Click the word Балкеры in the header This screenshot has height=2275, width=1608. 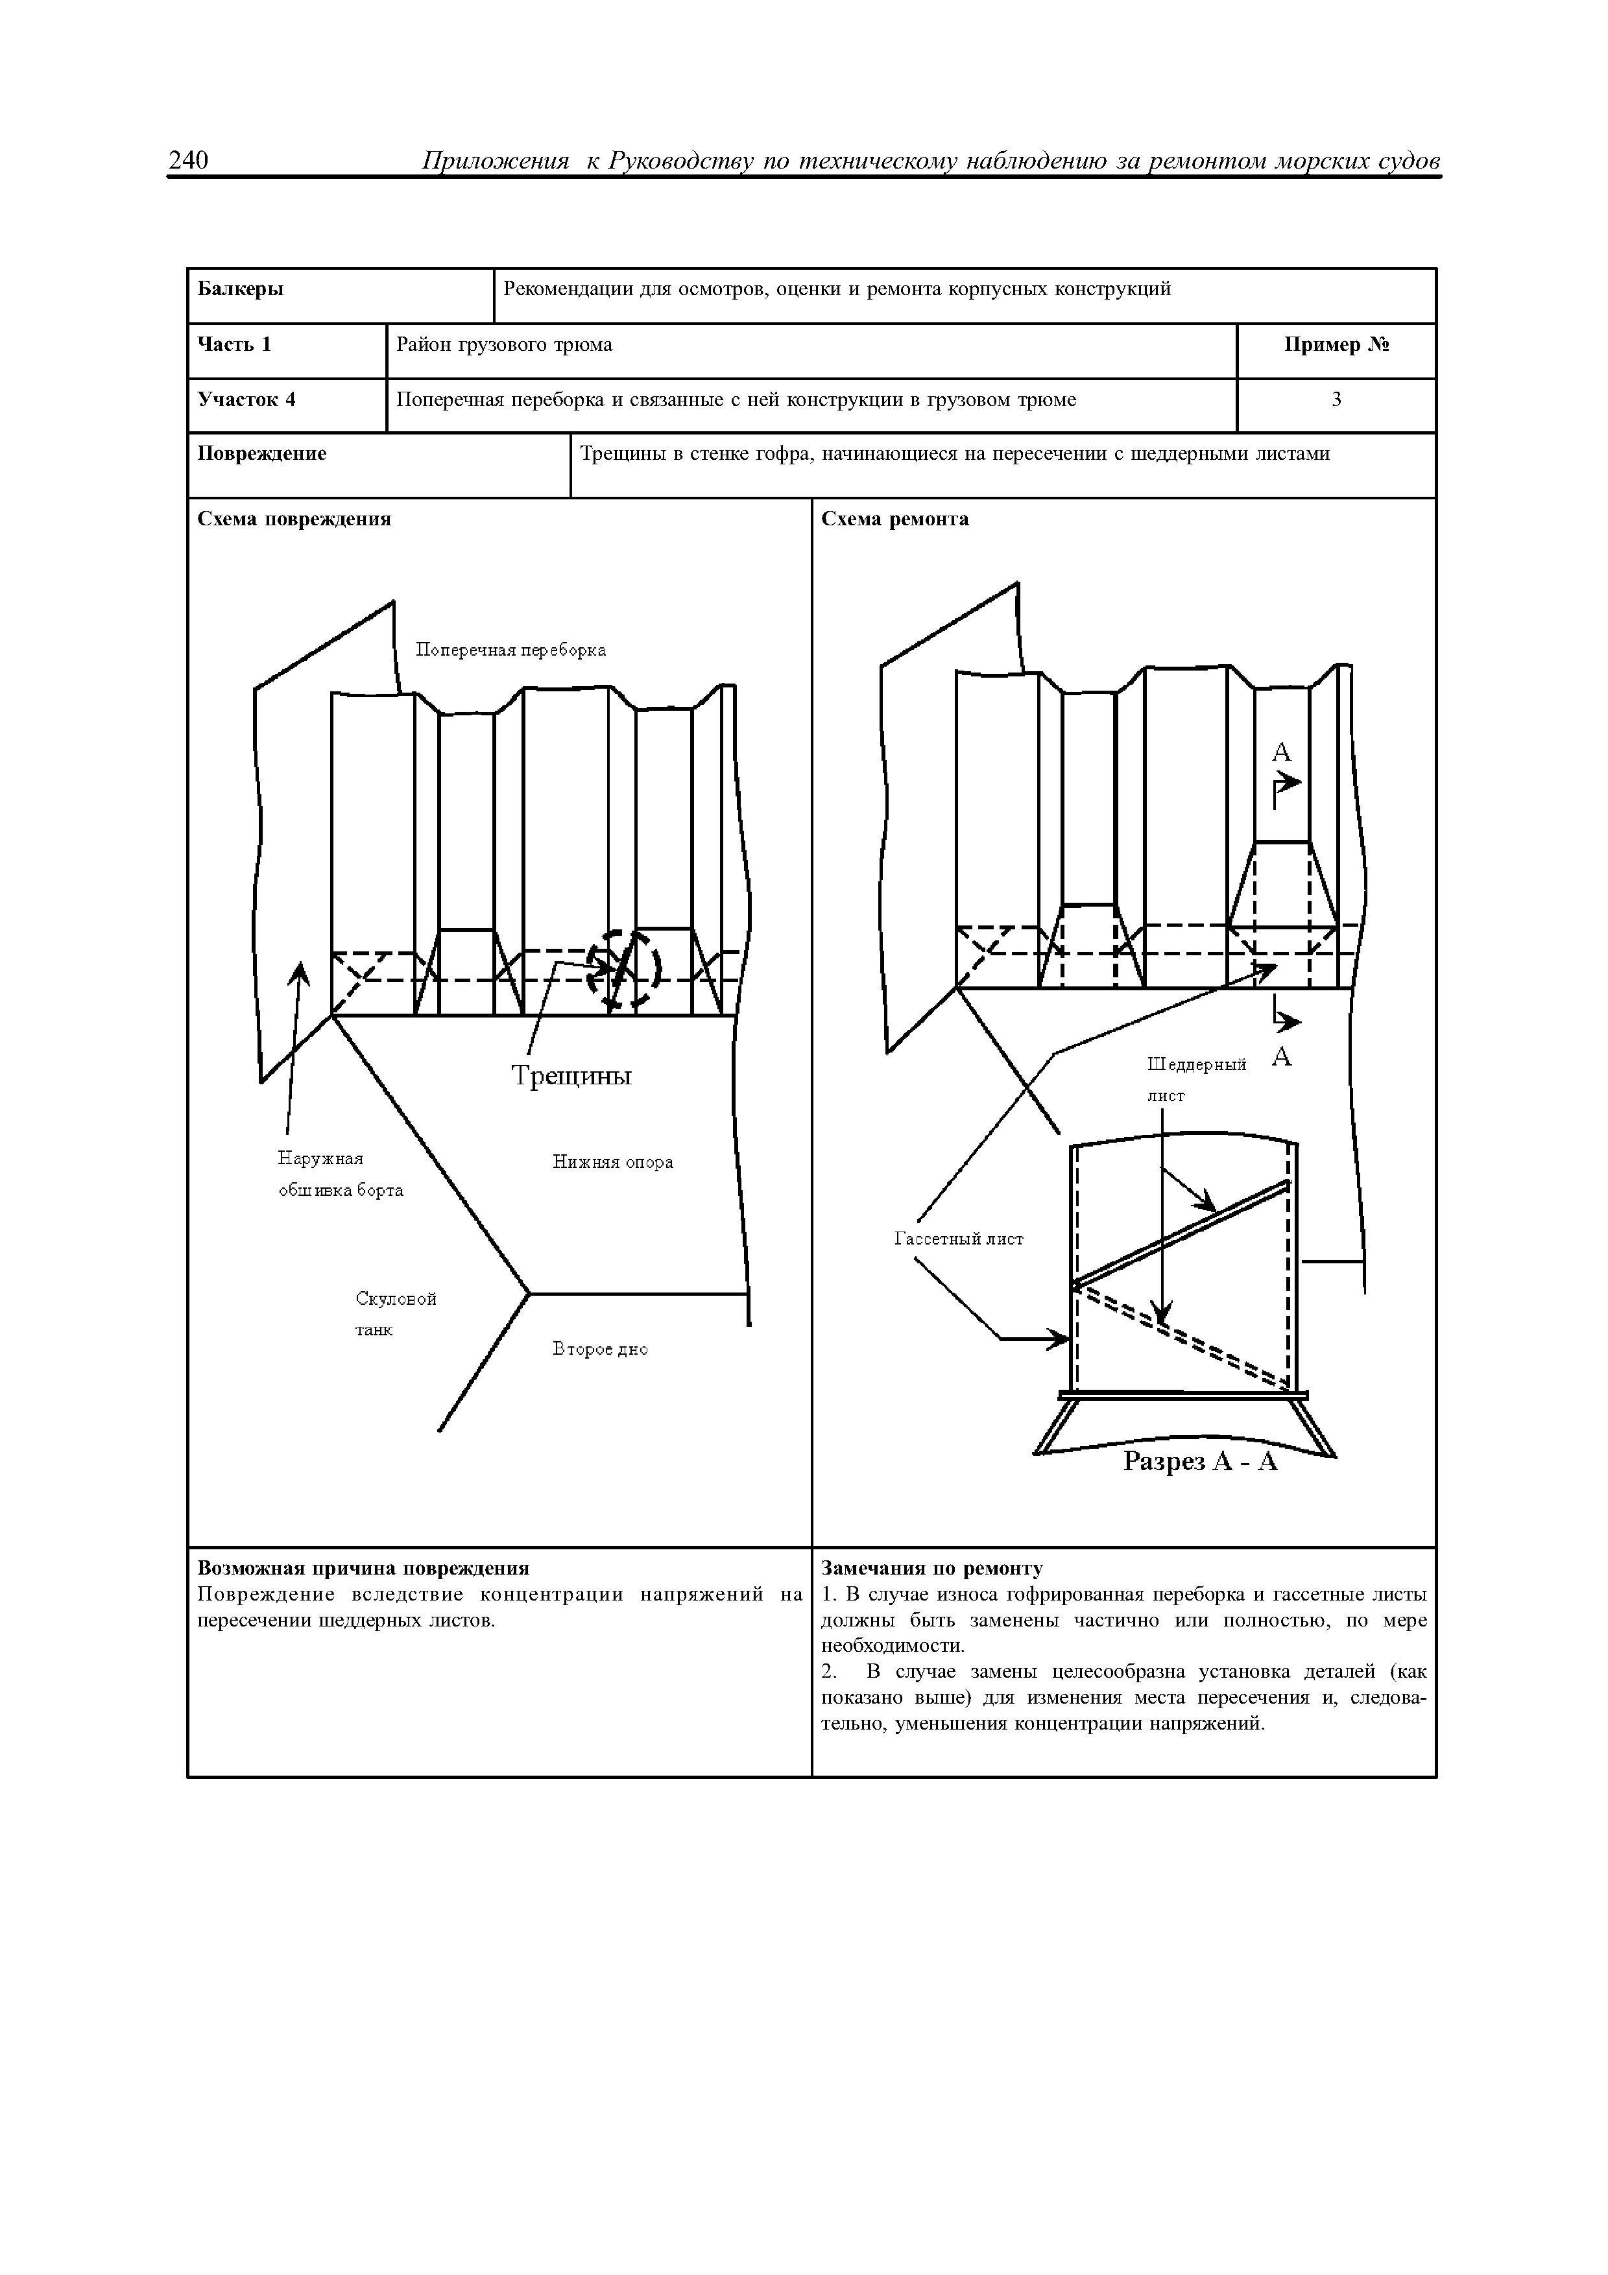tap(241, 289)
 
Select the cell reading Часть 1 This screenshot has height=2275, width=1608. tap(235, 345)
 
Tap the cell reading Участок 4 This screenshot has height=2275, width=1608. tap(246, 400)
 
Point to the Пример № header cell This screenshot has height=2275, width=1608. tap(1336, 345)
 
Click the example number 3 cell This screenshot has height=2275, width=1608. tap(1336, 400)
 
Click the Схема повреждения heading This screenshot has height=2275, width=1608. tap(294, 519)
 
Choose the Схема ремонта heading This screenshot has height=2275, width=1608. tap(894, 519)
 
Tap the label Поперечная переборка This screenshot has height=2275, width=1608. tap(510, 650)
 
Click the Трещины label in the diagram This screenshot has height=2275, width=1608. tap(571, 1076)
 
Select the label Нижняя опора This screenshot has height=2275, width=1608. tap(612, 1162)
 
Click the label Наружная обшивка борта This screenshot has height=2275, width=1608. tap(340, 1174)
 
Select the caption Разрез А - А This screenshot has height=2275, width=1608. tap(1200, 1462)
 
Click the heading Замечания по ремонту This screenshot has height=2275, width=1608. tap(931, 1569)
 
